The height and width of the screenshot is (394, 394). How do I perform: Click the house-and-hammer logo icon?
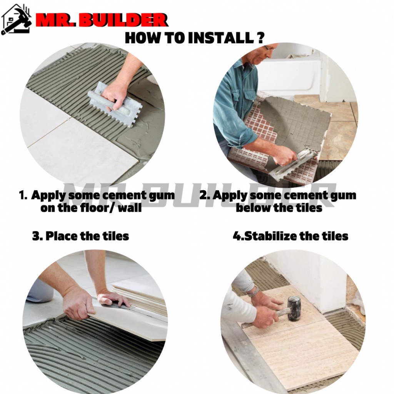[x=16, y=19]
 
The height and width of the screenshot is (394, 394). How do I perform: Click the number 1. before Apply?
[x=23, y=195]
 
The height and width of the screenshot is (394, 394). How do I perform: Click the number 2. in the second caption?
[x=205, y=195]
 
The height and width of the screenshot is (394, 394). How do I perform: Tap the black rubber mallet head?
[x=294, y=309]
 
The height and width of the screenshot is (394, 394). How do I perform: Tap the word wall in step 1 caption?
[x=130, y=208]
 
